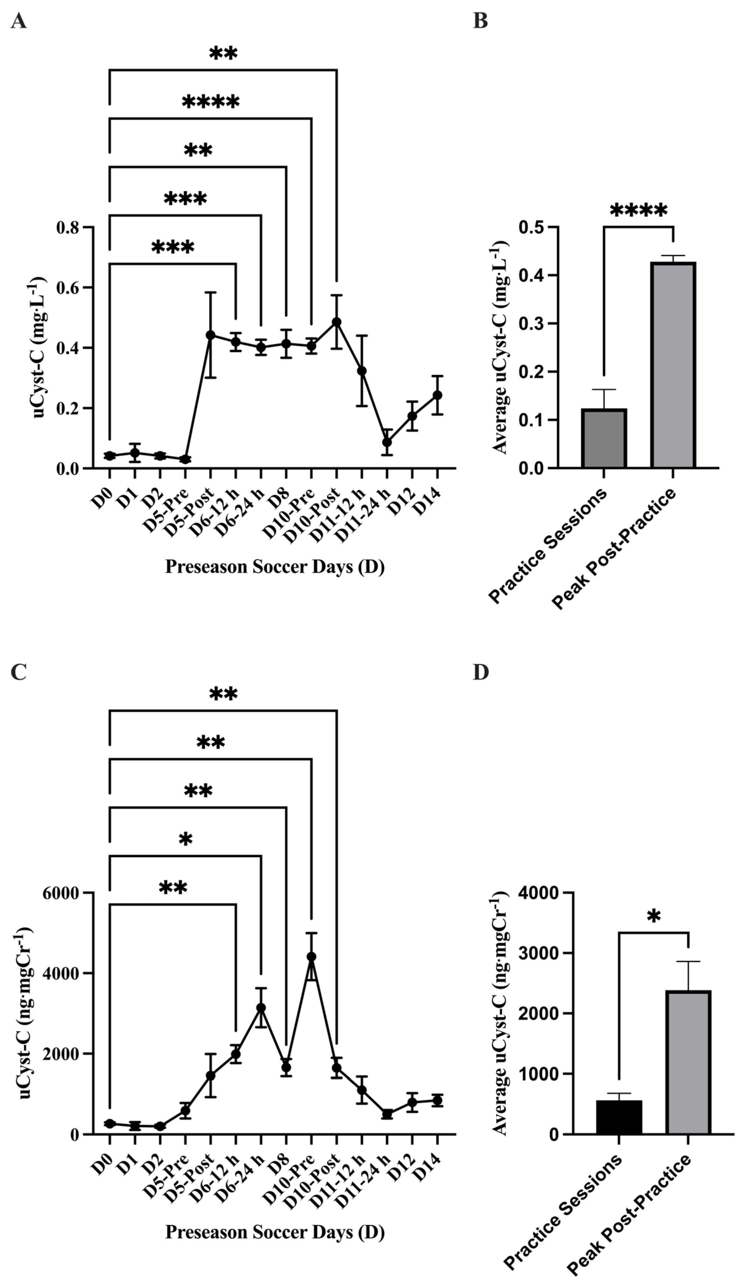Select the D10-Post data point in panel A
point(336,322)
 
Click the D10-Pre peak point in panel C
point(311,957)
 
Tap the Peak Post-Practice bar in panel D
point(688,1062)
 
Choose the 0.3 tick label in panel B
point(530,324)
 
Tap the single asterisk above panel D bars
point(653,917)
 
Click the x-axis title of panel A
point(274,567)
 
